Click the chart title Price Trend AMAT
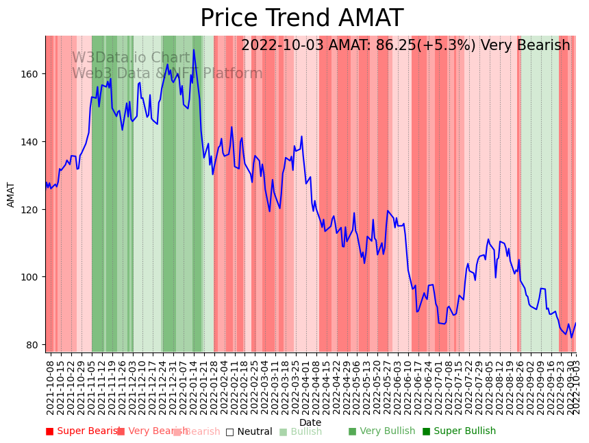click(301, 19)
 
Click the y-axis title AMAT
click(11, 194)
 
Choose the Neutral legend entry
click(249, 431)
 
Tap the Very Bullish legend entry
click(381, 431)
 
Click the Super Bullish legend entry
click(459, 431)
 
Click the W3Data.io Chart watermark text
click(131, 58)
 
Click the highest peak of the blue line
click(194, 49)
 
